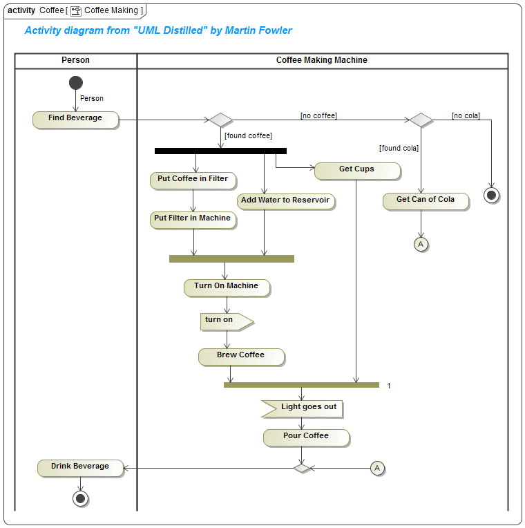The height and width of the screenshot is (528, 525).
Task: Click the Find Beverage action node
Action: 76,120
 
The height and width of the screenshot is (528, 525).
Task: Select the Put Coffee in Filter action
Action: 193,180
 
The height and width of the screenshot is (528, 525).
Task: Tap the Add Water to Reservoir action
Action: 286,201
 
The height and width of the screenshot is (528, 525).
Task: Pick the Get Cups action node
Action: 357,170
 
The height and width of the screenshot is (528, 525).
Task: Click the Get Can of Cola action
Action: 426,201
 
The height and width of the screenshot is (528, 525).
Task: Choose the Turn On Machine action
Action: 227,287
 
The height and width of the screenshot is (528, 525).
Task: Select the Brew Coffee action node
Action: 241,357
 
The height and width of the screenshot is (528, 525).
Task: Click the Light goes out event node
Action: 302,408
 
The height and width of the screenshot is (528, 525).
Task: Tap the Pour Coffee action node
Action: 306,437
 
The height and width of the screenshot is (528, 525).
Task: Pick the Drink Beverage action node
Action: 80,468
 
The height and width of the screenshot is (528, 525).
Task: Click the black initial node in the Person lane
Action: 76,83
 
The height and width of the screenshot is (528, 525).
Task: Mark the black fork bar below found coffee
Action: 220,151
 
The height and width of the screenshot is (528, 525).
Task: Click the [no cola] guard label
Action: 466,115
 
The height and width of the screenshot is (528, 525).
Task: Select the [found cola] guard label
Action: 399,148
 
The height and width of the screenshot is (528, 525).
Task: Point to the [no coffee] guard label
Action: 318,115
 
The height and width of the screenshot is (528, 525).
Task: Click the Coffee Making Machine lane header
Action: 322,61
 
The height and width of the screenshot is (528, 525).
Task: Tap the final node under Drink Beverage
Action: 81,498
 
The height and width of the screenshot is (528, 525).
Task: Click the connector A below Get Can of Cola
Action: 421,244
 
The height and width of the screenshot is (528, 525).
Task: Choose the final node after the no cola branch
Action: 492,196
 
